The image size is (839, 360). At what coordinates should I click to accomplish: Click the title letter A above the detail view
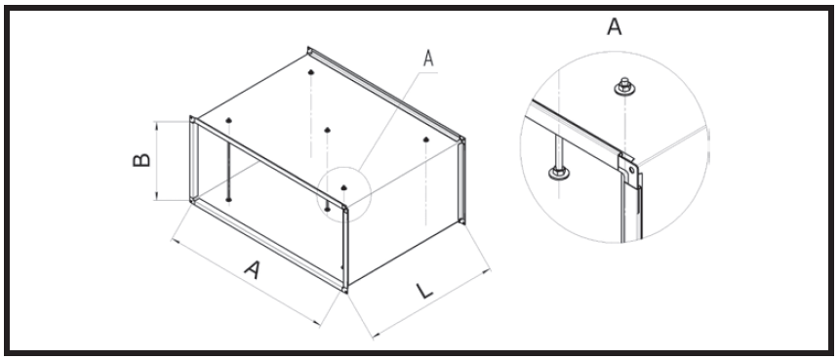click(615, 26)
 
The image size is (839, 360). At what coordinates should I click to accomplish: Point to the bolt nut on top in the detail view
click(620, 90)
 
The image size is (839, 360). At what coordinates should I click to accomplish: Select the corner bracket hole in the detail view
click(633, 173)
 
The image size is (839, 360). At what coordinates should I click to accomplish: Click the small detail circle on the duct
click(344, 191)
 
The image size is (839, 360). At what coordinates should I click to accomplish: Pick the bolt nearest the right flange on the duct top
click(427, 140)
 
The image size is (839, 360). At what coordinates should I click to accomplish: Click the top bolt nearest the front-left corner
click(227, 120)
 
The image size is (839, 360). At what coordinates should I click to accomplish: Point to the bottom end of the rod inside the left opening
click(227, 199)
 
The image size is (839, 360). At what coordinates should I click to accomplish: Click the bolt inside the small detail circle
click(344, 186)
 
